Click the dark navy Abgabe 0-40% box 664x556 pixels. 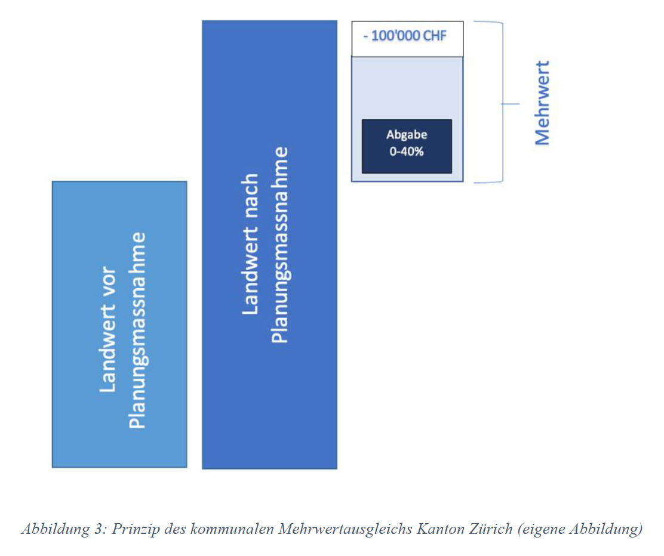407,146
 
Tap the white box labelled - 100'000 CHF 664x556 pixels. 407,39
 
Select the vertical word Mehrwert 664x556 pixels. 542,103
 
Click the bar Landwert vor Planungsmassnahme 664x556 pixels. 119,324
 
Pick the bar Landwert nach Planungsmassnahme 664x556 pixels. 270,245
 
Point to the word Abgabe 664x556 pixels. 407,135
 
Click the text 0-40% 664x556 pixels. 407,152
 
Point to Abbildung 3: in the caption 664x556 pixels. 64,529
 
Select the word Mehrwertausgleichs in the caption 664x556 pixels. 345,529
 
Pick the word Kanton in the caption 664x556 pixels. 440,529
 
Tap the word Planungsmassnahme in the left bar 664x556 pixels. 137,330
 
